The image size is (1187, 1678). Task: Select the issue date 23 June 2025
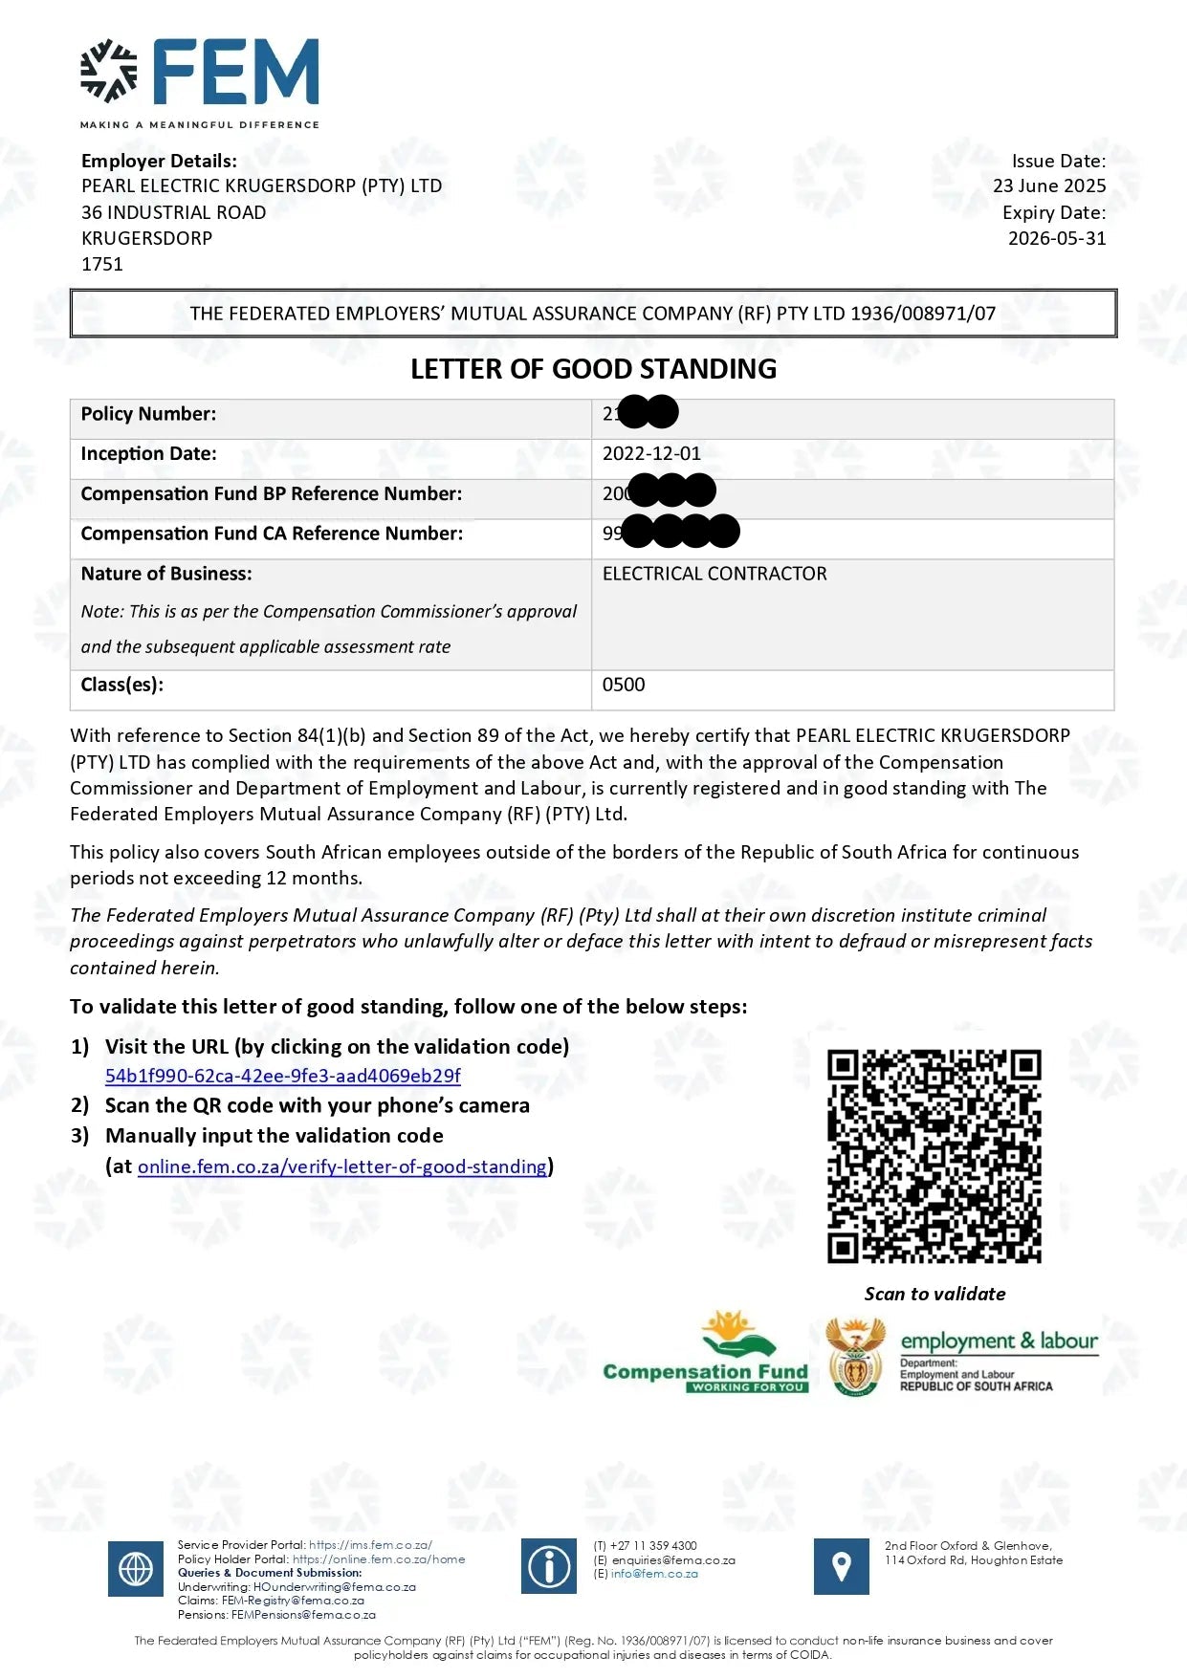click(x=1048, y=186)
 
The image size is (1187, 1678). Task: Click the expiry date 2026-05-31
click(x=1056, y=238)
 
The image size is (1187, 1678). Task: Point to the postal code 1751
click(x=102, y=265)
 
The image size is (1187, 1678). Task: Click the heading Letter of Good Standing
click(x=593, y=369)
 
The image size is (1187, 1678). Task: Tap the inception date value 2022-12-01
click(x=651, y=454)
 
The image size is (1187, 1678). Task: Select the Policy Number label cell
click(x=148, y=414)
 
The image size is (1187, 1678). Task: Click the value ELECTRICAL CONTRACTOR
click(x=714, y=574)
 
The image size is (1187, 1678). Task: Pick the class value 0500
click(x=624, y=685)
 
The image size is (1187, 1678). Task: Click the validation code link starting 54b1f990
click(x=282, y=1076)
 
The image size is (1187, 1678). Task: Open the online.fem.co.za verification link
click(x=342, y=1166)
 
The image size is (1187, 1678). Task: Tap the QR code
click(x=934, y=1156)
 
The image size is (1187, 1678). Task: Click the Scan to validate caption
click(x=934, y=1294)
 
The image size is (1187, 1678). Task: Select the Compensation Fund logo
click(x=706, y=1353)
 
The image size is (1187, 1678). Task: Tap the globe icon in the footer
click(x=136, y=1568)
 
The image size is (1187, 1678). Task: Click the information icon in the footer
click(x=549, y=1566)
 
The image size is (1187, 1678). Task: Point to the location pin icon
click(x=841, y=1566)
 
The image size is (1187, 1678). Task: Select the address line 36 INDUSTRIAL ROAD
click(x=173, y=212)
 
